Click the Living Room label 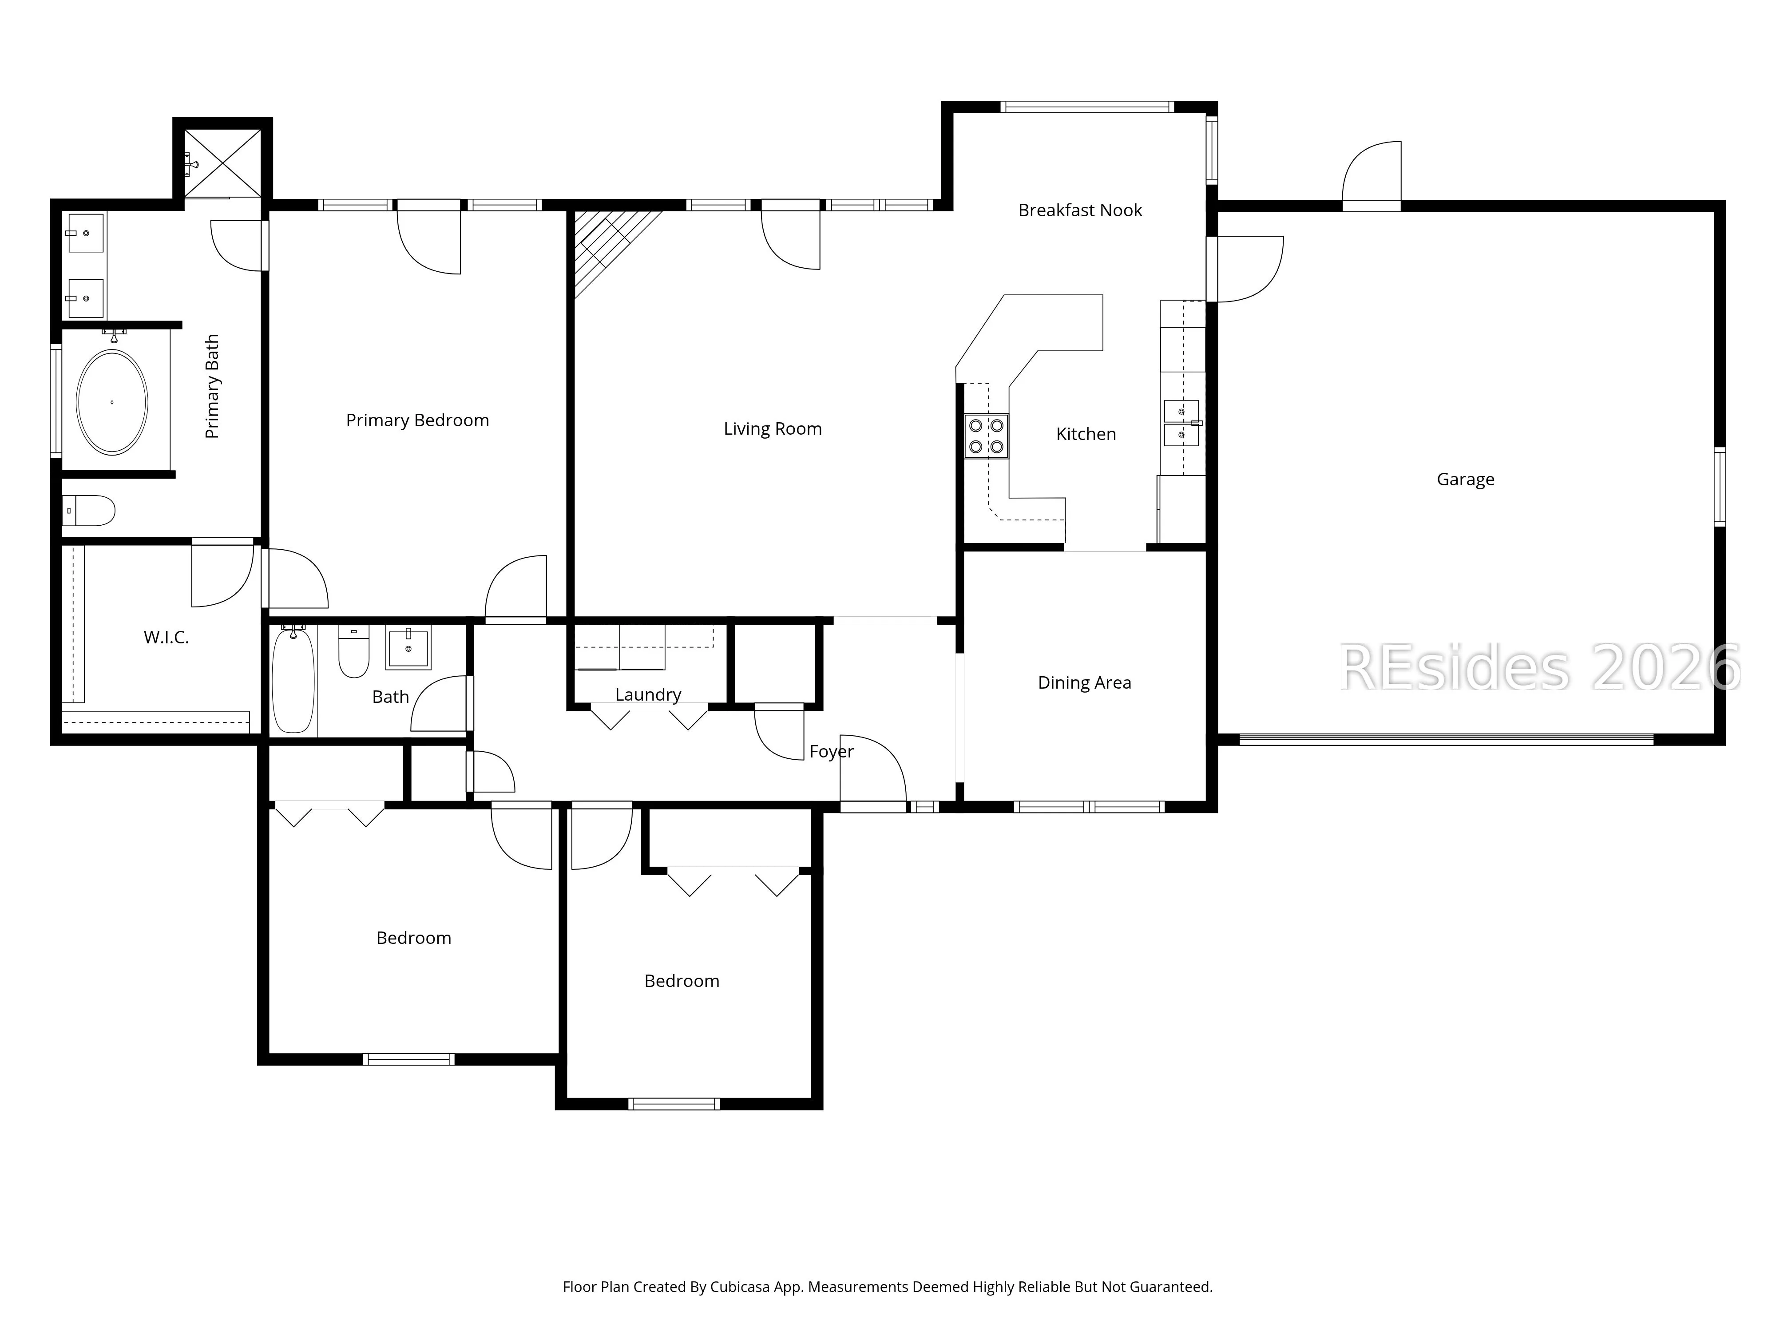(x=773, y=429)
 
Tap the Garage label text (x=1465, y=480)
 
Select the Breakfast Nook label (x=1080, y=210)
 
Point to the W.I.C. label (x=166, y=638)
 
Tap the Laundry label (x=648, y=694)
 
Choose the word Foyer (x=831, y=752)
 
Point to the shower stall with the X (x=222, y=163)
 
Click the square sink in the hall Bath (x=408, y=647)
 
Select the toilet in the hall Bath (x=353, y=651)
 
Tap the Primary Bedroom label (x=417, y=420)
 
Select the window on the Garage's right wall (x=1720, y=487)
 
